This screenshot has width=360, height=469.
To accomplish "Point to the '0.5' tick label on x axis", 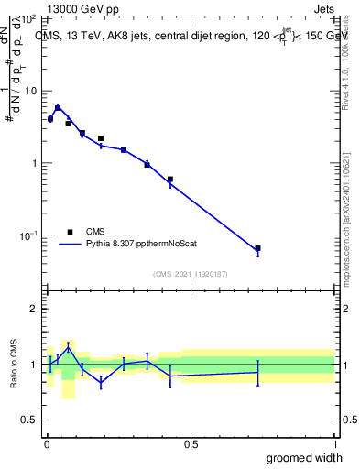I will point(191,444).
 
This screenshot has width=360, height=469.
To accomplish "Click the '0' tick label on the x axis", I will point(47,444).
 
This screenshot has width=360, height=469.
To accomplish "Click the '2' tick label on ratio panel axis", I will point(36,309).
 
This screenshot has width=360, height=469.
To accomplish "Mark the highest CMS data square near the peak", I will point(58,108).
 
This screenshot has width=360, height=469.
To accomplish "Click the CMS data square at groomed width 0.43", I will point(170,180).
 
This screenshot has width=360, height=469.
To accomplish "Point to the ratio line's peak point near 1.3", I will point(68,347).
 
